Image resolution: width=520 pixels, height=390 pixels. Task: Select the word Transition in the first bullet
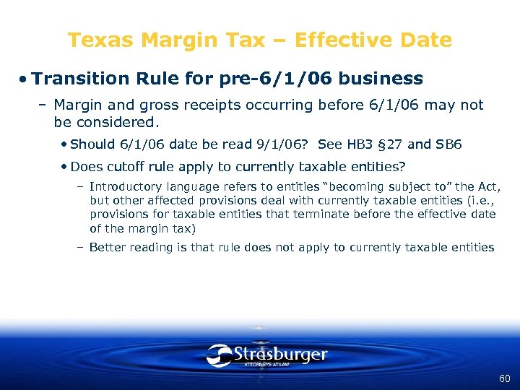click(x=78, y=78)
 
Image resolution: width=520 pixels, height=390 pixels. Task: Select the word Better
click(x=105, y=247)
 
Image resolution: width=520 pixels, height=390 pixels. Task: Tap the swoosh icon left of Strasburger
click(x=219, y=355)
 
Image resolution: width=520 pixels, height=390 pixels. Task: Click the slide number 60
click(x=504, y=378)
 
